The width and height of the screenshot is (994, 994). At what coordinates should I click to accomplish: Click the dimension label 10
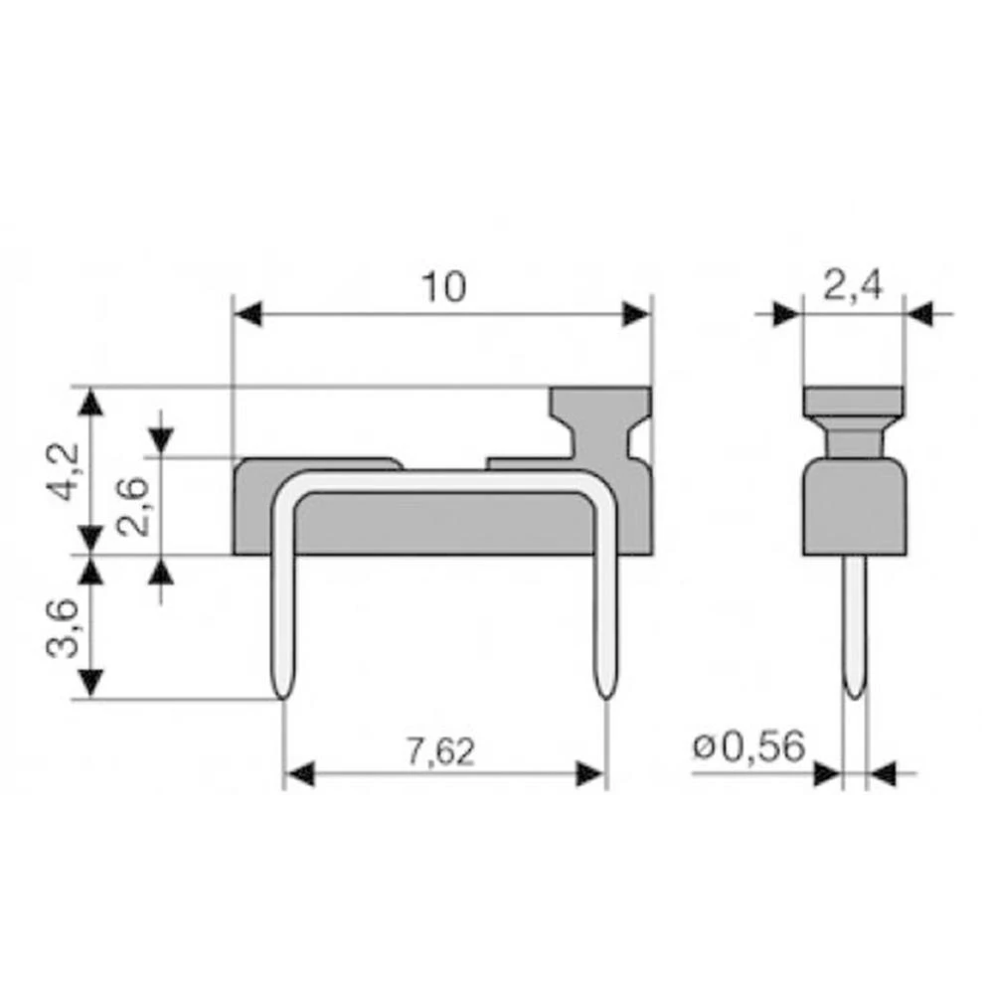[x=443, y=287]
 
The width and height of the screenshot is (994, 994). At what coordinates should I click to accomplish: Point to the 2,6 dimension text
[x=133, y=506]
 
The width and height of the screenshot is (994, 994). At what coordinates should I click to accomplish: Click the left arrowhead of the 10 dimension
[x=247, y=315]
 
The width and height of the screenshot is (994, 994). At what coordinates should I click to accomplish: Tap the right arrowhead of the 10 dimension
[x=636, y=315]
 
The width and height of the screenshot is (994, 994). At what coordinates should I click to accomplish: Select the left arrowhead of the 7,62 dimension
[x=299, y=774]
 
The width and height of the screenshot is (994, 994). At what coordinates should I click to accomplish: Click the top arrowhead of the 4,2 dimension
[x=91, y=403]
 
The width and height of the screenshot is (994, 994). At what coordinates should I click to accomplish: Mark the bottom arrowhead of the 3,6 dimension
[x=91, y=683]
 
